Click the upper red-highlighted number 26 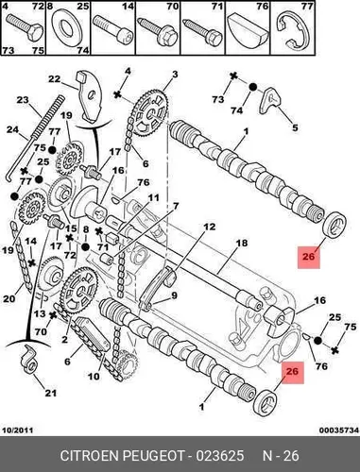coord(309,257)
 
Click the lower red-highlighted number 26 coord(292,371)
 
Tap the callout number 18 coord(242,243)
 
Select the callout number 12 coord(209,227)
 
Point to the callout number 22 coord(54,78)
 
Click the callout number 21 coord(51,393)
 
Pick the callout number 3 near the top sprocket coord(175,75)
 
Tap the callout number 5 coord(295,127)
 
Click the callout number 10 coord(94,376)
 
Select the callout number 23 coord(23,100)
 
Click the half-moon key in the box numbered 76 coord(248,29)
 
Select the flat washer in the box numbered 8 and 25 coord(67,27)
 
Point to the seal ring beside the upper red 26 coord(334,226)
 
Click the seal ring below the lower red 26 coord(266,402)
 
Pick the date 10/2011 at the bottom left coord(17,430)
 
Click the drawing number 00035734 coord(339,430)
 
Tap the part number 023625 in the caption coord(220,456)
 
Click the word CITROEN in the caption coord(89,456)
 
